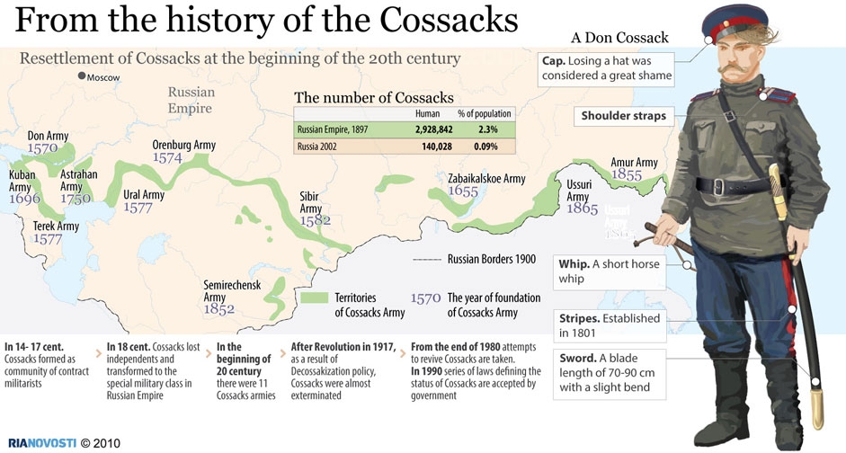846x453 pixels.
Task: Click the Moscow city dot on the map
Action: [x=80, y=76]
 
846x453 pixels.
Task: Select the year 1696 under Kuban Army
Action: [x=24, y=199]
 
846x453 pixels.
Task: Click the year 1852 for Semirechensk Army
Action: [x=219, y=309]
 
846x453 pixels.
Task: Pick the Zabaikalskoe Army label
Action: [x=486, y=179]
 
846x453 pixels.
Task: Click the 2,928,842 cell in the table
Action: [x=433, y=129]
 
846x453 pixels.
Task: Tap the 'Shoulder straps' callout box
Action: [x=624, y=116]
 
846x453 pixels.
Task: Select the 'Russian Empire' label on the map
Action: [x=191, y=100]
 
